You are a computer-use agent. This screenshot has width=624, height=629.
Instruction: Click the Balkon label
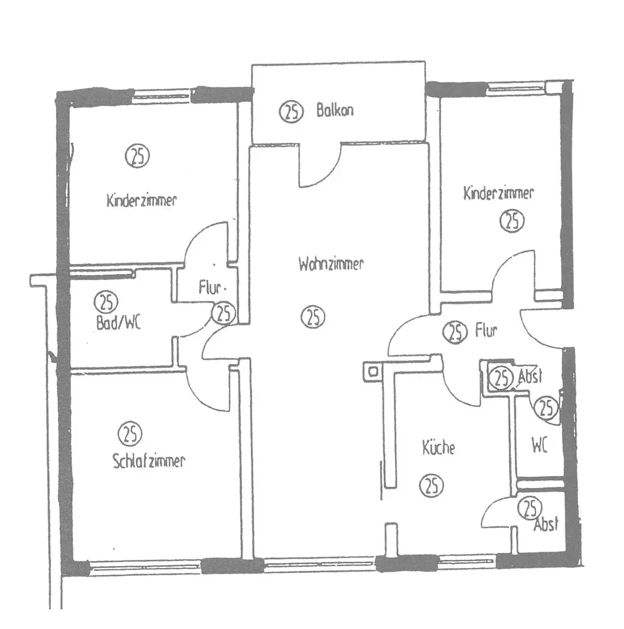335,111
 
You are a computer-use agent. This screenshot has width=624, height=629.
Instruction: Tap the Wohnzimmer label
331,264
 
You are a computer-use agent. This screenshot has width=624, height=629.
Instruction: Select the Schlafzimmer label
148,462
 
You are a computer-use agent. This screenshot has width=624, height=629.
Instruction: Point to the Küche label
438,448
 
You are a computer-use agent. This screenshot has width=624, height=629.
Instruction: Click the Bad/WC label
115,323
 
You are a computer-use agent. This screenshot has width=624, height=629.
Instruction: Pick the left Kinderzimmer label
142,201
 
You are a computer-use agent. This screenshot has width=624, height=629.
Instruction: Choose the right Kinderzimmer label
498,192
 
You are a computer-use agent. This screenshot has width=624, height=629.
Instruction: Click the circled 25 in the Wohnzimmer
313,316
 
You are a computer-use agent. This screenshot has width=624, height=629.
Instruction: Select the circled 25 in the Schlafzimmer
130,433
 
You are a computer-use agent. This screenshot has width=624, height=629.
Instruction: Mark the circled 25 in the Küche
432,485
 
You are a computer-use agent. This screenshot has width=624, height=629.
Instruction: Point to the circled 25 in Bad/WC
106,302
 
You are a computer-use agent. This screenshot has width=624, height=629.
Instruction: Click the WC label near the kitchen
539,447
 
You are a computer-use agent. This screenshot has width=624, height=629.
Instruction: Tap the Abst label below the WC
545,525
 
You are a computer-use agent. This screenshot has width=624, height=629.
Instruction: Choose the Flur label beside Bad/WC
211,289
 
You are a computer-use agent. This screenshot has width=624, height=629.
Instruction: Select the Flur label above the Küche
487,330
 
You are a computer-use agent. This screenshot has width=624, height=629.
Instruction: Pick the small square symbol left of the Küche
373,371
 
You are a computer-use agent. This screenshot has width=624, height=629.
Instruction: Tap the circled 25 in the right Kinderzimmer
512,221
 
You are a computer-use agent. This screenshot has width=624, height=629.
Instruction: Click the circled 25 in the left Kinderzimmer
137,155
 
